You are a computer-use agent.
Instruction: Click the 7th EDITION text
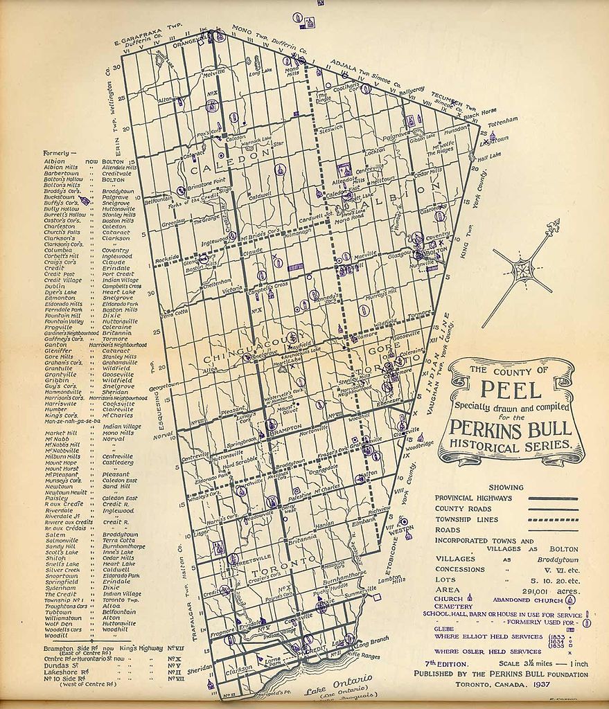(x=439, y=664)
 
